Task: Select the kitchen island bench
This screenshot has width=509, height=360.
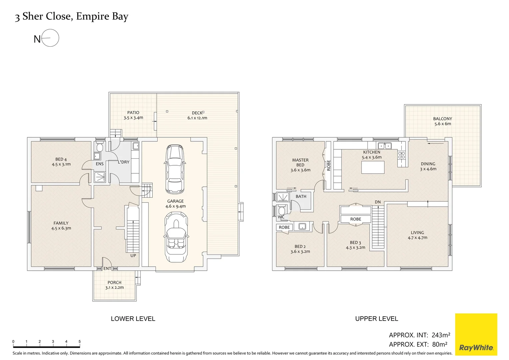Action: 373,167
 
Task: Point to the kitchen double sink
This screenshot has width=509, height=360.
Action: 385,146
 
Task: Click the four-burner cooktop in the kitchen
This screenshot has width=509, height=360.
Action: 401,155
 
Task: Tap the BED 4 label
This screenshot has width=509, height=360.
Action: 61,159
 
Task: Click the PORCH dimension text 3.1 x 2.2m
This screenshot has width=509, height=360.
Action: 114,287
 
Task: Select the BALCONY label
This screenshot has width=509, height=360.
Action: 442,119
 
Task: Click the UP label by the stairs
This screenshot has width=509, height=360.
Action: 133,256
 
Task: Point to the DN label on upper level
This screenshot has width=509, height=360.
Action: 377,202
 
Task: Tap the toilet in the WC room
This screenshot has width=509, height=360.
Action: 281,210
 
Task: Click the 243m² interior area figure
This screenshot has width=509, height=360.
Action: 441,335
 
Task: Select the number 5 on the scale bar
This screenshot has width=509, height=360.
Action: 79,341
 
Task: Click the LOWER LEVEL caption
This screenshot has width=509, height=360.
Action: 133,319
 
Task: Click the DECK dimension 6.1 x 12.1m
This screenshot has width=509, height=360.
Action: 197,118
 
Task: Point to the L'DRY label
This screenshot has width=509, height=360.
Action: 123,162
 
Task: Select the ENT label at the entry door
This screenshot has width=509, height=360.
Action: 107,268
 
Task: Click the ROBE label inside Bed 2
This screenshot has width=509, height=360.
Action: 284,227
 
